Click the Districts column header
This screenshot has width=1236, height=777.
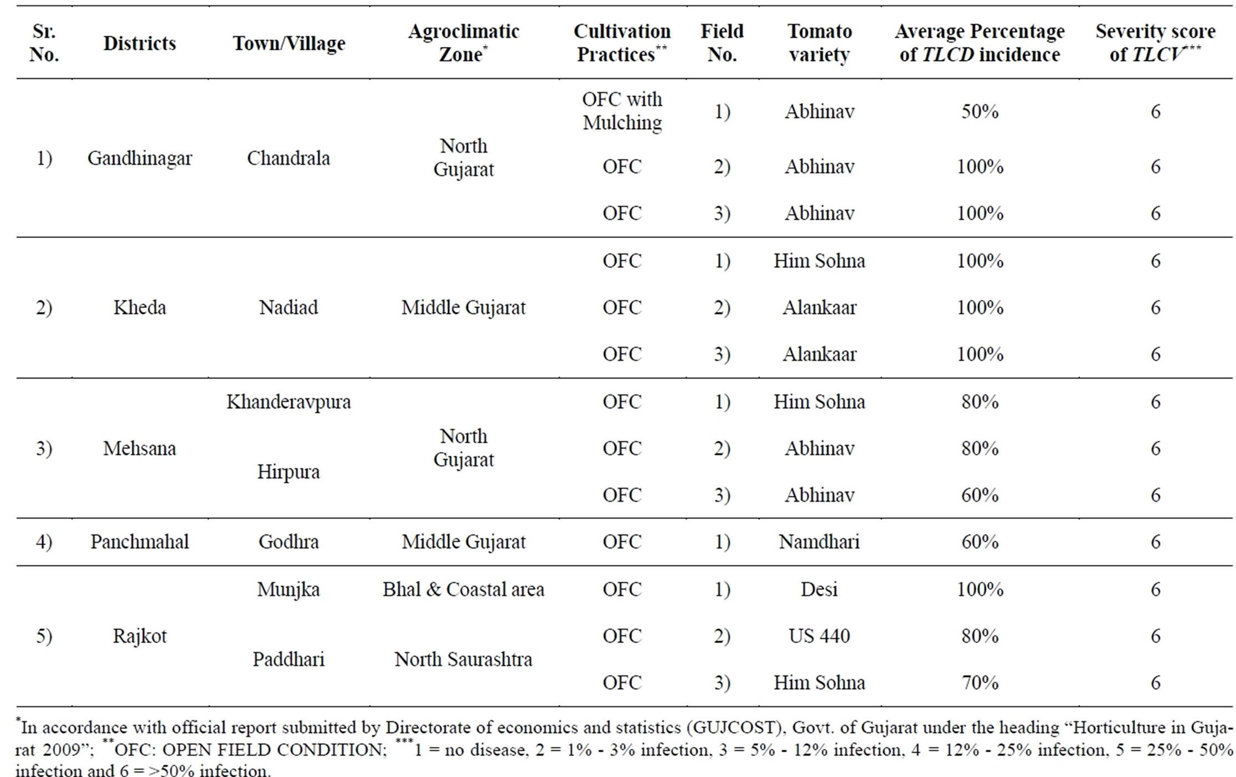(x=140, y=43)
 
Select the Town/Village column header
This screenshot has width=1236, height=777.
(x=289, y=44)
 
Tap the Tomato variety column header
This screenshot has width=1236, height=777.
(x=819, y=43)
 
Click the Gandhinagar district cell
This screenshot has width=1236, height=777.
(x=140, y=158)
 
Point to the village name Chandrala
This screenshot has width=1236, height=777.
(x=289, y=158)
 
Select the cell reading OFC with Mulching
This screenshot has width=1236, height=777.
(x=622, y=111)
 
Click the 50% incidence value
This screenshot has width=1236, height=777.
(x=980, y=111)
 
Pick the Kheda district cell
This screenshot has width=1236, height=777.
(x=140, y=307)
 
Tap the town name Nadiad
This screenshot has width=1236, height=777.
(x=289, y=307)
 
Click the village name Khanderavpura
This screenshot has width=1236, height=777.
(x=289, y=401)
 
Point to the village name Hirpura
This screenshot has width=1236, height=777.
(x=289, y=472)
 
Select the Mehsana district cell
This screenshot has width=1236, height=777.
(x=140, y=448)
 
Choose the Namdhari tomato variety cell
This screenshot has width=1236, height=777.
(x=819, y=541)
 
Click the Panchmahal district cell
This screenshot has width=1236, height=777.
(x=140, y=541)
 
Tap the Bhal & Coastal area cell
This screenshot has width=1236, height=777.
(x=463, y=589)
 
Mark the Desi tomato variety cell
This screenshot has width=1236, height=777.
(x=819, y=589)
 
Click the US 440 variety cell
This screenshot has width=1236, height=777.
(x=819, y=636)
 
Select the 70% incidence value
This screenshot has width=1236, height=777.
(x=980, y=682)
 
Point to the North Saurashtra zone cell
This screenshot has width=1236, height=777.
(x=463, y=659)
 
